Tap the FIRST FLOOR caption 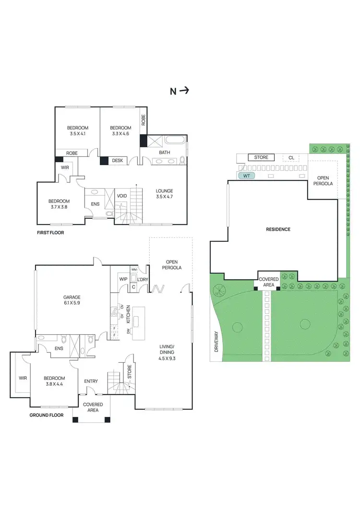(50, 232)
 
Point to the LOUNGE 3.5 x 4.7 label (164, 194)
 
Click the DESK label (118, 161)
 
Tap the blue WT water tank (247, 176)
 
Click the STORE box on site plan (261, 157)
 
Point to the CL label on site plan (291, 157)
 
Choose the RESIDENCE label (278, 229)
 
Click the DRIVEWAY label (216, 343)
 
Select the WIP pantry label (122, 279)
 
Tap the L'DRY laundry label (143, 279)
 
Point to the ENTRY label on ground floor (91, 381)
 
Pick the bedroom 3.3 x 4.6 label (120, 130)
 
